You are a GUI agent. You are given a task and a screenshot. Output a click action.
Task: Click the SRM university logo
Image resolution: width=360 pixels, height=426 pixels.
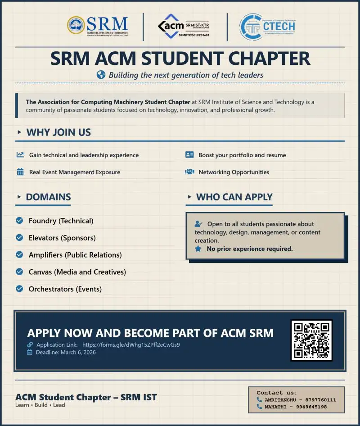pos(98,26)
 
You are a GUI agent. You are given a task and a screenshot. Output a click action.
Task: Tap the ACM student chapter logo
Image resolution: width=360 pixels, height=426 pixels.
pos(184,26)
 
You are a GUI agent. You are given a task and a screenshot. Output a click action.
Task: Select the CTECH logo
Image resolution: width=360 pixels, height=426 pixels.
pos(267,27)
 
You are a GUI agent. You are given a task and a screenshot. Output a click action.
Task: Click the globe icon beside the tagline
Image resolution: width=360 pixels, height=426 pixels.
pos(101,75)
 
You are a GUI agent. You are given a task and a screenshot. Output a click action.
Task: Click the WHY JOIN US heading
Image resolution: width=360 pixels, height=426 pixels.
pos(58,132)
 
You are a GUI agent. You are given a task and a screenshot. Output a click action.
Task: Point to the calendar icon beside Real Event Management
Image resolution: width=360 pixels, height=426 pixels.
pos(20,172)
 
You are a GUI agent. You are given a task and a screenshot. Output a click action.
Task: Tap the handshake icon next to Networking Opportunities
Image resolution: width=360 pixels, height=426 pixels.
pos(189,172)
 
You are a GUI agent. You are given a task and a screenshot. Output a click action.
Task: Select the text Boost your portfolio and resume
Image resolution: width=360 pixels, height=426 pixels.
pos(242,155)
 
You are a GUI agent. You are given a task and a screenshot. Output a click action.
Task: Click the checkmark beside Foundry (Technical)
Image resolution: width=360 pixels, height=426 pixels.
pos(19,221)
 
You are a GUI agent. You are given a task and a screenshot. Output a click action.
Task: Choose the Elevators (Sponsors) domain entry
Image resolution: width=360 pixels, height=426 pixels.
pos(62,238)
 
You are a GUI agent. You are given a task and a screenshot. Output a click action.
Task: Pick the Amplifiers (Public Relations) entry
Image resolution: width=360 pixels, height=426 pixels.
pos(75,255)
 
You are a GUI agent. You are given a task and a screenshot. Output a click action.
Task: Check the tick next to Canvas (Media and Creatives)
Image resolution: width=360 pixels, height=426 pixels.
pos(19,272)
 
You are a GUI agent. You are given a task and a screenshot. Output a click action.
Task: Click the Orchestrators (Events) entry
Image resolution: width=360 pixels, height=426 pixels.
pos(65,289)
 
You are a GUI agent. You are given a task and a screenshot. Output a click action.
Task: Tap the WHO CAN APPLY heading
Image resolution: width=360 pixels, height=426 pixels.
pos(234,197)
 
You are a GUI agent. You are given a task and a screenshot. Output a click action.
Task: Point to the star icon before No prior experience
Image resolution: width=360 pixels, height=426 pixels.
pos(198,249)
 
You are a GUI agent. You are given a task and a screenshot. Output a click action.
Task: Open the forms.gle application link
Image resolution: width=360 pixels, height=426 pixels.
pos(131,345)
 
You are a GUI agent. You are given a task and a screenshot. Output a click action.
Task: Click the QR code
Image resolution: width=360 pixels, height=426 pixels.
pos(311,340)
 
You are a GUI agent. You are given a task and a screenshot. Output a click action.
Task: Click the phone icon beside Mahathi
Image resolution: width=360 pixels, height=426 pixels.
pos(260,407)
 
